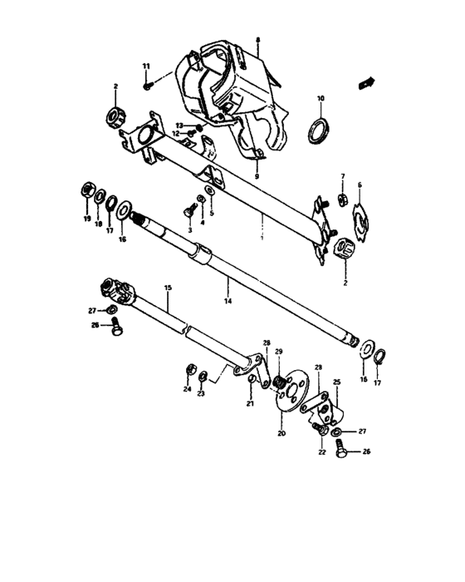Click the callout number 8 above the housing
pos(257,40)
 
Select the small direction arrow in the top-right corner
pos(365,81)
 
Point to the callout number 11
pos(146,66)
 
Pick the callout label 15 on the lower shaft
pos(167,288)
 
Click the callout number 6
pos(360,185)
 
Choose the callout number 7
pos(341,177)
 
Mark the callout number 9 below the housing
pos(257,177)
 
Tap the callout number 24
pos(188,389)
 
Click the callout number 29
pos(279,352)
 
